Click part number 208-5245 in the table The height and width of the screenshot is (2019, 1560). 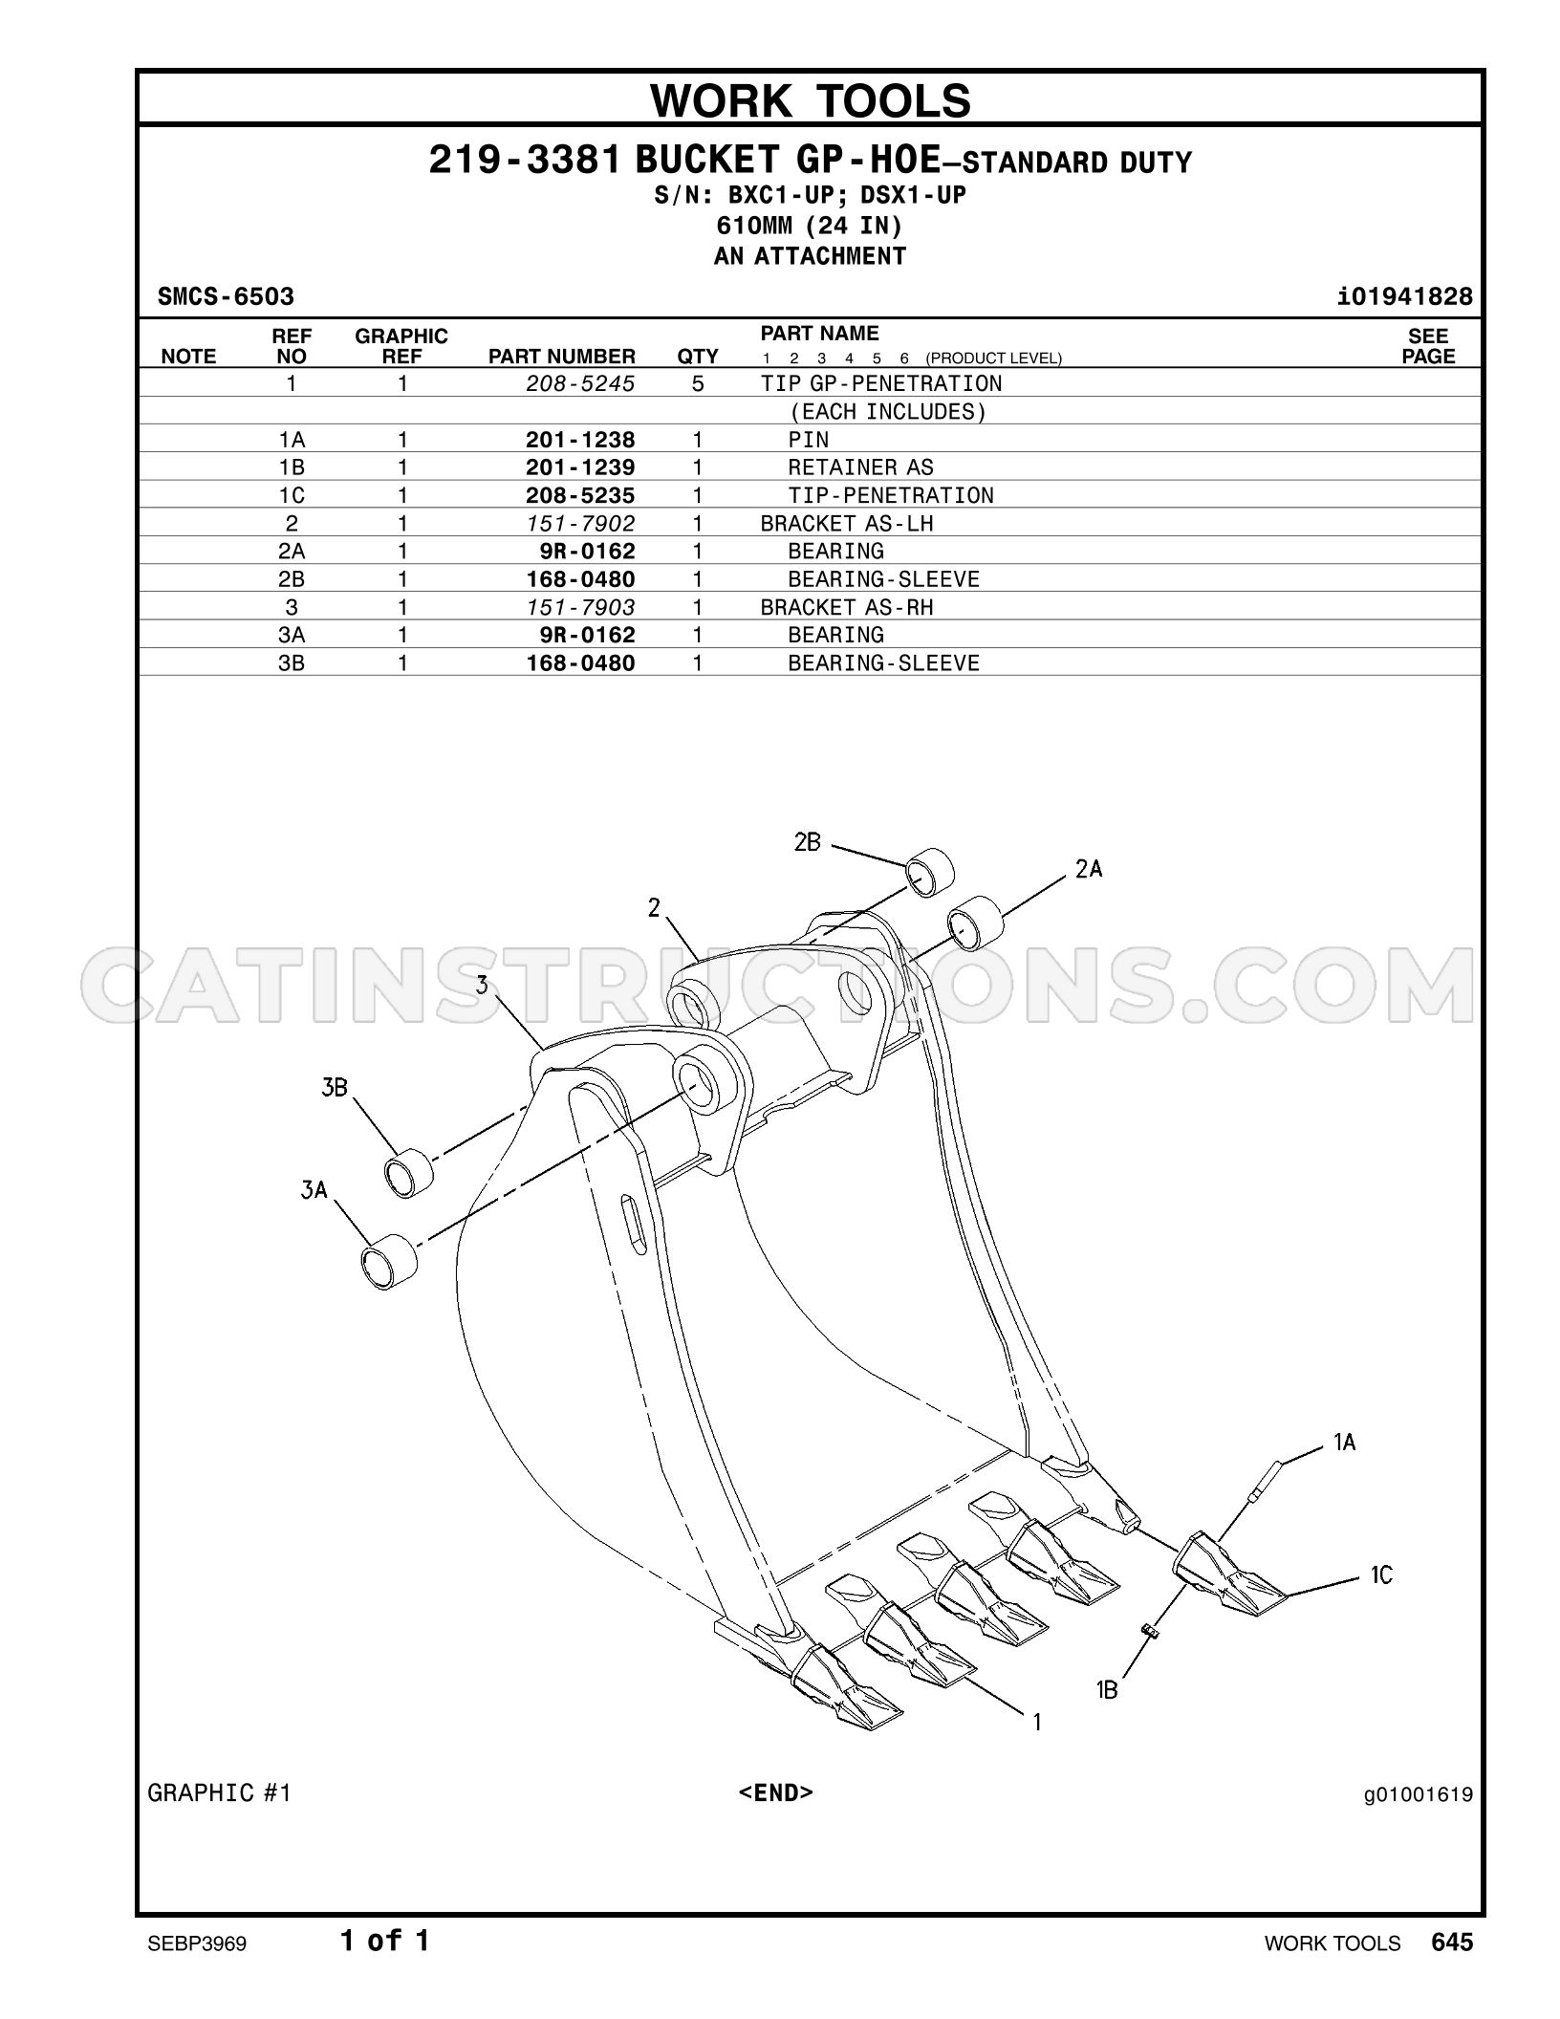point(580,384)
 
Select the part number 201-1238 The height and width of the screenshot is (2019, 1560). point(580,440)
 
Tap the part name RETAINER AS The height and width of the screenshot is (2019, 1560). point(860,467)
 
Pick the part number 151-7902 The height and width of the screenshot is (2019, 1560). point(580,524)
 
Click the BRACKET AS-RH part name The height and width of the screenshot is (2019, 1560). point(847,607)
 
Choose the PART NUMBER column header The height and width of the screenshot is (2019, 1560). point(562,357)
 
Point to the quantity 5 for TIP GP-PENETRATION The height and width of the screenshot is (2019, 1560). point(698,384)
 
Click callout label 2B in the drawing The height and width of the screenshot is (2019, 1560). point(808,842)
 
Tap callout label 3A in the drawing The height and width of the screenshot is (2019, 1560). point(314,1190)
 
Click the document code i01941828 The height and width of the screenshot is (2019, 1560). point(1405,297)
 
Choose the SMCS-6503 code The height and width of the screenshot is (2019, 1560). point(226,297)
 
